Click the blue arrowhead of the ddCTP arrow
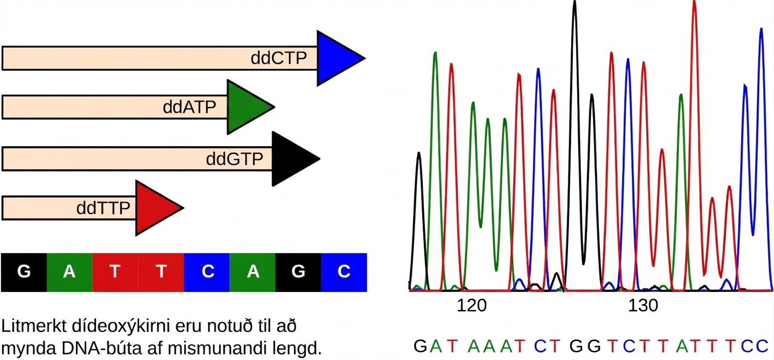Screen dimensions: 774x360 [337, 58]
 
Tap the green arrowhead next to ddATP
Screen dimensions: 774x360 [247, 107]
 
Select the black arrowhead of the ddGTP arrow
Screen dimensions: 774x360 [292, 159]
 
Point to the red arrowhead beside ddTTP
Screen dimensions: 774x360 [156, 208]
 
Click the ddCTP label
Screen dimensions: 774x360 [279, 58]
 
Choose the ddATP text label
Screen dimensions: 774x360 [189, 107]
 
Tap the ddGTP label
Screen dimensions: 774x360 [234, 159]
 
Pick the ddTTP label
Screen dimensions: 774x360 [103, 208]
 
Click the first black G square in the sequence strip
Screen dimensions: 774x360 [24, 273]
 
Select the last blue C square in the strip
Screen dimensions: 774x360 [344, 273]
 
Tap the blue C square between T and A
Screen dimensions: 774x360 [207, 273]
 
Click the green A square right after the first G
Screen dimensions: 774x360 [69, 273]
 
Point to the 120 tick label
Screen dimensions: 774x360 [471, 306]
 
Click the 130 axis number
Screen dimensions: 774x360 [643, 306]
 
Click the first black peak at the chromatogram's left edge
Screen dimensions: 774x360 [419, 222]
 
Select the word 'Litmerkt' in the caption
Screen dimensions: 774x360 [34, 326]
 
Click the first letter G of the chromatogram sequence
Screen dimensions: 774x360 [420, 346]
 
